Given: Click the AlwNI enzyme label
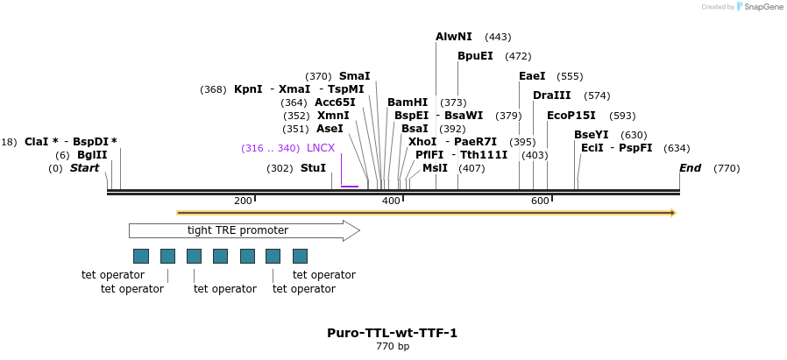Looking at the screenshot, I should click(453, 37).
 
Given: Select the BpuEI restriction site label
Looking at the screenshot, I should click(474, 56).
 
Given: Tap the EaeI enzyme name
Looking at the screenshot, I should click(531, 76).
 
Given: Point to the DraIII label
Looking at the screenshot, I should click(551, 95).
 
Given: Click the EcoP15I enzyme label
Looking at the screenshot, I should click(571, 116).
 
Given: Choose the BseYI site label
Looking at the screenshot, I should click(591, 135).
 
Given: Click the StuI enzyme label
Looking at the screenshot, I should click(313, 168).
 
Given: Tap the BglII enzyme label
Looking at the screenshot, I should click(92, 155).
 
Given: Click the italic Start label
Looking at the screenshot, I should click(85, 168).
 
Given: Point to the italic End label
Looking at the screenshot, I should click(690, 168).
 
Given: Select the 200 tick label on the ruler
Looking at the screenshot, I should click(243, 201).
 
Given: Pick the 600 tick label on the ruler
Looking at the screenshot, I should click(540, 201).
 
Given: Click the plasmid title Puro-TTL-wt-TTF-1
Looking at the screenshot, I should click(393, 333).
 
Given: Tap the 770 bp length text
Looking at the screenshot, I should click(393, 347).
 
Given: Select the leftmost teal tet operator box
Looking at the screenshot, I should click(140, 256).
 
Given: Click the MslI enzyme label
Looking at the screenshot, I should click(435, 168).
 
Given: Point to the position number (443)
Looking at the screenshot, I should click(498, 37).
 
